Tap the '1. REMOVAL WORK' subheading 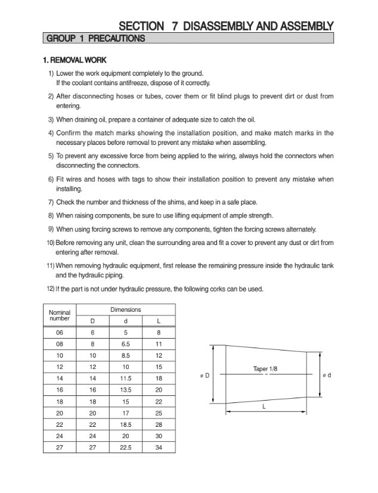(75, 60)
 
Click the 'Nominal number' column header (59, 315)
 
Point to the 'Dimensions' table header (126, 310)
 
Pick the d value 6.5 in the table (126, 344)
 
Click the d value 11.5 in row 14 (126, 378)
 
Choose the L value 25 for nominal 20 (159, 413)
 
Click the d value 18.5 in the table (126, 424)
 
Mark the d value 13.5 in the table (126, 389)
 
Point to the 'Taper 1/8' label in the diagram (265, 369)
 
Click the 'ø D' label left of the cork (203, 375)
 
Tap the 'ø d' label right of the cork (327, 375)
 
